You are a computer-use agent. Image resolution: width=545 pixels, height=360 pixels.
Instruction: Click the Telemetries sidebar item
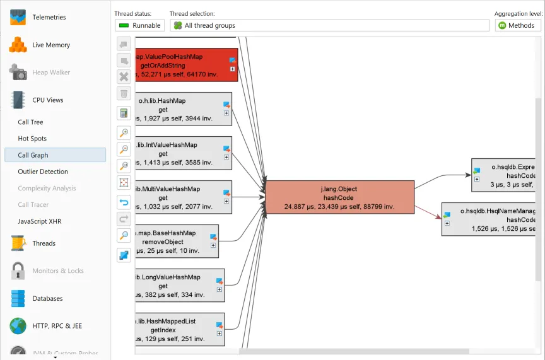coord(49,18)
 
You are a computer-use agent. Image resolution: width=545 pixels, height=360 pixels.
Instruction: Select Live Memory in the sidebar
coord(50,45)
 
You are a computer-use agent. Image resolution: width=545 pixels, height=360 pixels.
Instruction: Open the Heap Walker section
coord(50,73)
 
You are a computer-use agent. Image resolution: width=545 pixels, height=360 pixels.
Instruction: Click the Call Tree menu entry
coord(30,122)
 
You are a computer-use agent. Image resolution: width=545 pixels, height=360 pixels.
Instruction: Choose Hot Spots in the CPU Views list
coord(32,139)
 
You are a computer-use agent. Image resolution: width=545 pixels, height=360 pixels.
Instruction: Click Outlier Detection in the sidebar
coord(43,171)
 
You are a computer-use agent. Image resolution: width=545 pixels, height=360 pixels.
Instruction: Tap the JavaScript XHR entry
coord(40,221)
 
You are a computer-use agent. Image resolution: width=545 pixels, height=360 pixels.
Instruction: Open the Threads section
coord(44,243)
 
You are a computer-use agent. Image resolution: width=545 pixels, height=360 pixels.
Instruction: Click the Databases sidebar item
coord(48,298)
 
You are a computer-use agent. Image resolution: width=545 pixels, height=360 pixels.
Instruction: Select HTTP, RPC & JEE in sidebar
coord(57,326)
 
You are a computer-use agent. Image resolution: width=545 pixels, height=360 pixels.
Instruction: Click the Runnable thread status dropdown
coord(139,25)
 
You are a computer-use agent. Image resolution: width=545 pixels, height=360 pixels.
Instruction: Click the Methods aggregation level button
coord(517,25)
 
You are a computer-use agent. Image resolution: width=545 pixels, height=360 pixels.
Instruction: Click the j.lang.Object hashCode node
coord(339,197)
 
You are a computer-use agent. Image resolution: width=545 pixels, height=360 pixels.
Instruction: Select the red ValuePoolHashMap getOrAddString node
coord(183,65)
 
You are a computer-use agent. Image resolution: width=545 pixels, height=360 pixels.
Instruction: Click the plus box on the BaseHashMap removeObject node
coord(213,246)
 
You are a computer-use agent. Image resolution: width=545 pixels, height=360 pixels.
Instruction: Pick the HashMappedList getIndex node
coord(177,330)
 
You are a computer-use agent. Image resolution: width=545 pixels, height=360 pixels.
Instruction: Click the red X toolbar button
coord(124,77)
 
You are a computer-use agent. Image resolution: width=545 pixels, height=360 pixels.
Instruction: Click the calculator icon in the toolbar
coord(124,113)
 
